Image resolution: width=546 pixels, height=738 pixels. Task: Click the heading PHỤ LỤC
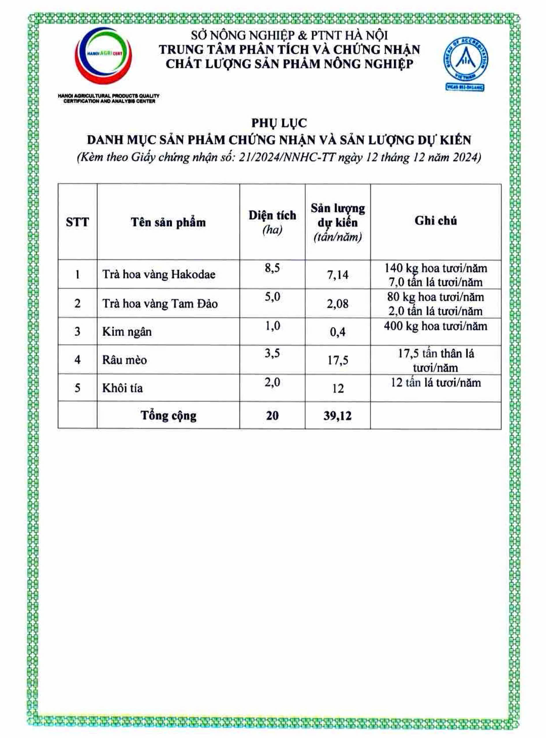pos(279,123)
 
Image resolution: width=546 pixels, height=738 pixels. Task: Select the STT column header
pos(77,222)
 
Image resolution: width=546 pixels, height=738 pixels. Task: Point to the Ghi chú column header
pos(435,221)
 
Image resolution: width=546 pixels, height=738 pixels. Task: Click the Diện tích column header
pos(272,216)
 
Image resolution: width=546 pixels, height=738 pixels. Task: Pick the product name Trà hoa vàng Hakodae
pos(159,274)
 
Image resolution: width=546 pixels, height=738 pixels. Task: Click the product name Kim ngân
pos(127,332)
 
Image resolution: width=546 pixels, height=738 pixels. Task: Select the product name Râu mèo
pos(124,359)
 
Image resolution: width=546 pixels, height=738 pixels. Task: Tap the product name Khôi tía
pos(123,388)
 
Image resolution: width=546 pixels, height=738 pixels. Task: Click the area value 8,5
pos(272,268)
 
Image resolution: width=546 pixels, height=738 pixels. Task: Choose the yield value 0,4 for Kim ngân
pos(337,332)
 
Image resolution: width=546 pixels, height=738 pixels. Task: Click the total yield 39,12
pos(337,416)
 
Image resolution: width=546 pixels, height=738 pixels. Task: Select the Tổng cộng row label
pos(169,416)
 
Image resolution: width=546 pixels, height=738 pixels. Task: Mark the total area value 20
pos(272,416)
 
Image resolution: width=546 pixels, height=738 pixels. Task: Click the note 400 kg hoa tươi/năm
pos(435,326)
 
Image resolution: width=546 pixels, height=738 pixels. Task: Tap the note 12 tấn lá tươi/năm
pos(435,383)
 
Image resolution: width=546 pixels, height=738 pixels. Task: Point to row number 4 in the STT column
pos(77,359)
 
